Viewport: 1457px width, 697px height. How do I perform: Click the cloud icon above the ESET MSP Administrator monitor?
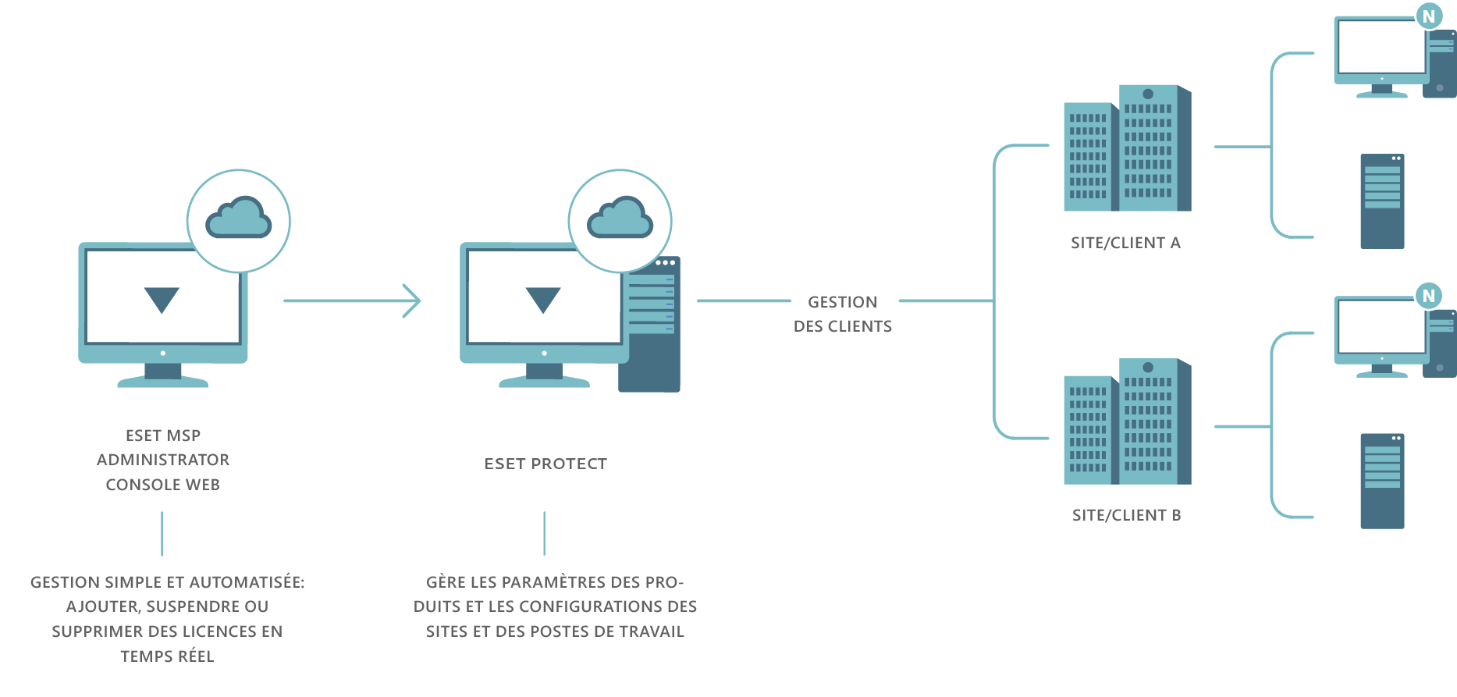239,218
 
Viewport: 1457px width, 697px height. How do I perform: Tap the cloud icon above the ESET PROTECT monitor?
620,218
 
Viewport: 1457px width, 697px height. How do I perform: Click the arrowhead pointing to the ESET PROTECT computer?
414,300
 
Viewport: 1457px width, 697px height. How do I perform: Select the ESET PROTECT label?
545,464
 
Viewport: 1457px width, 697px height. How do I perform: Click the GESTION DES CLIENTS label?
843,314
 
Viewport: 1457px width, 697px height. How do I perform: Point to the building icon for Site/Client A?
1128,148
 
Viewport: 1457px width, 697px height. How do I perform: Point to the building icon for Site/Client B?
1128,421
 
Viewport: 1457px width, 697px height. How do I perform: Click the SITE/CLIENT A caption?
1125,244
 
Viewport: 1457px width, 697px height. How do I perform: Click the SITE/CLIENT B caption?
1125,516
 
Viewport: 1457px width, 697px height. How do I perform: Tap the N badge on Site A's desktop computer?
1429,16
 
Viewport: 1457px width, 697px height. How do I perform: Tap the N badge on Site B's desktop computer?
1429,296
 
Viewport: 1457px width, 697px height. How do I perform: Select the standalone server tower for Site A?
1382,201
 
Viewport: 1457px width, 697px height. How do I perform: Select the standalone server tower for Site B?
1382,481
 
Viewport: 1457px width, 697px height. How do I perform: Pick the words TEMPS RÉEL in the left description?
167,656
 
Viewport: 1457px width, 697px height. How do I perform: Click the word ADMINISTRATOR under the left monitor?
162,460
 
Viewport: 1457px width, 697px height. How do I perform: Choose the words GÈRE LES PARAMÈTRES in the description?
515,582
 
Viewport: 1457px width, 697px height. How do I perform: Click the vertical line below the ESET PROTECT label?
544,534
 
